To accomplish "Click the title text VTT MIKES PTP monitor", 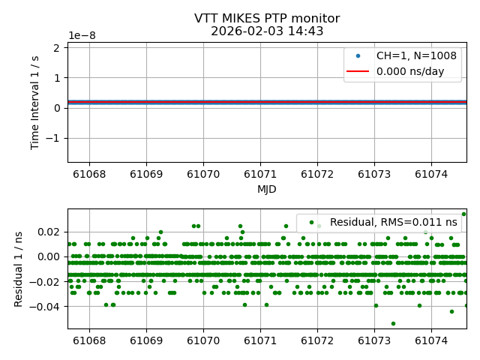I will (x=266, y=19).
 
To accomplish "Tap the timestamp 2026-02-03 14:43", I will (x=266, y=31).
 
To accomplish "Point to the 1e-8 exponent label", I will (x=82, y=36).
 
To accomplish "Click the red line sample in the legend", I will (x=357, y=72).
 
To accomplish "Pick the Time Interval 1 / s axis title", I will (x=36, y=102).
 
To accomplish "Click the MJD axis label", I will (x=266, y=189).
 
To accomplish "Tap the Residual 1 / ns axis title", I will (x=19, y=268).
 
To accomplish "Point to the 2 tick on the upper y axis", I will (x=58, y=48).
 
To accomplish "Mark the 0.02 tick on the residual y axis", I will (x=49, y=231).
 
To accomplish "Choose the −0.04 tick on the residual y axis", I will (x=46, y=306).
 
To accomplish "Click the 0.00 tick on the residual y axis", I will (x=49, y=256).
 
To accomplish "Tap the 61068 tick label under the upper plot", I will (x=89, y=174).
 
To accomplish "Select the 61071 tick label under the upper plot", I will (x=260, y=174).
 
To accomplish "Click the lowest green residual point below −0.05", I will (x=393, y=323).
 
